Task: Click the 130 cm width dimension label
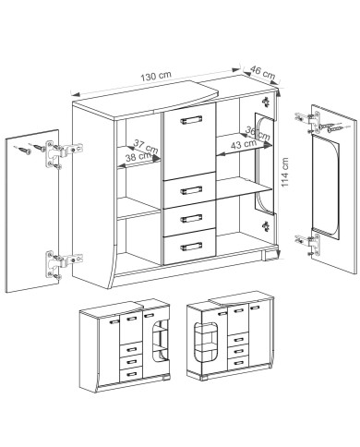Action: click(156, 76)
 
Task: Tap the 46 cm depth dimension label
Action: click(262, 72)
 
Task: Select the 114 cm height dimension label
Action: click(285, 172)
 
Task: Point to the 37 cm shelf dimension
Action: click(146, 147)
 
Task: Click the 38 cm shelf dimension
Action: click(138, 157)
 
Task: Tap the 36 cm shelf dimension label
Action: click(258, 134)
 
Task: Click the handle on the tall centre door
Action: click(191, 120)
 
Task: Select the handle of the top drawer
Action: click(191, 190)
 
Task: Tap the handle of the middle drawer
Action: click(191, 218)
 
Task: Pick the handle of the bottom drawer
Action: click(191, 247)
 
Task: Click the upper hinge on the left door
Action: click(64, 153)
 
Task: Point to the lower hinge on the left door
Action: click(64, 263)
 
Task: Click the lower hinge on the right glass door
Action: click(308, 244)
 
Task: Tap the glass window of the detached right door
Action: click(325, 187)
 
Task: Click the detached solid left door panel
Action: click(32, 211)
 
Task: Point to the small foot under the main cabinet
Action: click(269, 256)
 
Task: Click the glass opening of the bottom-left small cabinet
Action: click(161, 341)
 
